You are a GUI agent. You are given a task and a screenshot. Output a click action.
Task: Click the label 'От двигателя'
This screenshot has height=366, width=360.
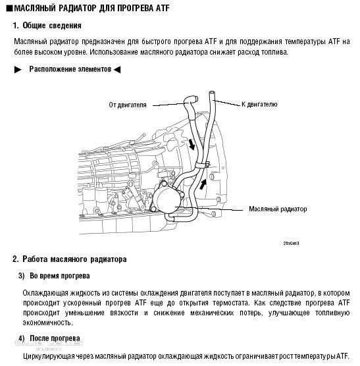click(128, 105)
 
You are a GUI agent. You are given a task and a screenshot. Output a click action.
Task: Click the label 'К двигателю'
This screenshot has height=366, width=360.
click(259, 104)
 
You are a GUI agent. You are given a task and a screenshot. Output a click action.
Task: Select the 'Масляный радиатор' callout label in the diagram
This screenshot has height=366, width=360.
click(278, 209)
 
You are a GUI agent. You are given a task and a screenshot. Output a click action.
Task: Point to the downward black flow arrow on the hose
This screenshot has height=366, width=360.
click(192, 144)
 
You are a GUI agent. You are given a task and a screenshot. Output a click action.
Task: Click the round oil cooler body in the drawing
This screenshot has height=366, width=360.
click(167, 199)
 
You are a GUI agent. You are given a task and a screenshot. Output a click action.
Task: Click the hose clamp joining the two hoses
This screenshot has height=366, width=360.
click(202, 165)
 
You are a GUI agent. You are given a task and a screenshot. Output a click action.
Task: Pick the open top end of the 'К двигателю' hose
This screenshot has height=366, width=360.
click(212, 93)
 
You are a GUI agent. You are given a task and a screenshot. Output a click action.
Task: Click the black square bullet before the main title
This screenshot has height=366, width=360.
click(9, 9)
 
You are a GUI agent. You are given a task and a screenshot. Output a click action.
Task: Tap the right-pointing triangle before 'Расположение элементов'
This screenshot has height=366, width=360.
click(18, 70)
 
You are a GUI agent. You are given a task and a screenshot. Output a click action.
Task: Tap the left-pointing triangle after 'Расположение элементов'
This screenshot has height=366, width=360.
click(117, 70)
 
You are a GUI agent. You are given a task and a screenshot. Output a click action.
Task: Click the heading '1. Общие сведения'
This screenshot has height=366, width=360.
click(47, 26)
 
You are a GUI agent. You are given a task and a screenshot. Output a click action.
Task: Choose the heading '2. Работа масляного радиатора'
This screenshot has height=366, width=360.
click(70, 259)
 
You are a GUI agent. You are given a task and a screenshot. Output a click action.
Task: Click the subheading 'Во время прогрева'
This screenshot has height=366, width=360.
click(60, 276)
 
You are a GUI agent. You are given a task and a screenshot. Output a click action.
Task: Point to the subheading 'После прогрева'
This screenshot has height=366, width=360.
click(55, 338)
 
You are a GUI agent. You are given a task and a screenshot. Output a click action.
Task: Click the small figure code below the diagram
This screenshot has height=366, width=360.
click(291, 243)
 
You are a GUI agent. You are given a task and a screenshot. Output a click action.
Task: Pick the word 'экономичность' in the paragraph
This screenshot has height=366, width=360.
click(48, 323)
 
